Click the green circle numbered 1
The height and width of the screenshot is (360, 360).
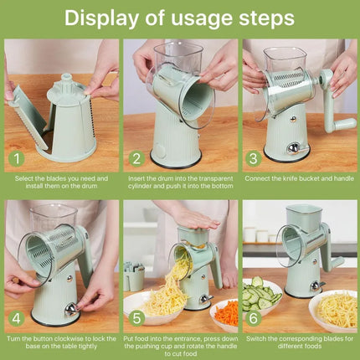[16, 157]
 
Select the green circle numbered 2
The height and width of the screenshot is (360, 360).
[136, 157]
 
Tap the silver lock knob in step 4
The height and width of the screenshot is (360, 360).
[71, 309]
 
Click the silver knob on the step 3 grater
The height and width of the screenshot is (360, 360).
[293, 148]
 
